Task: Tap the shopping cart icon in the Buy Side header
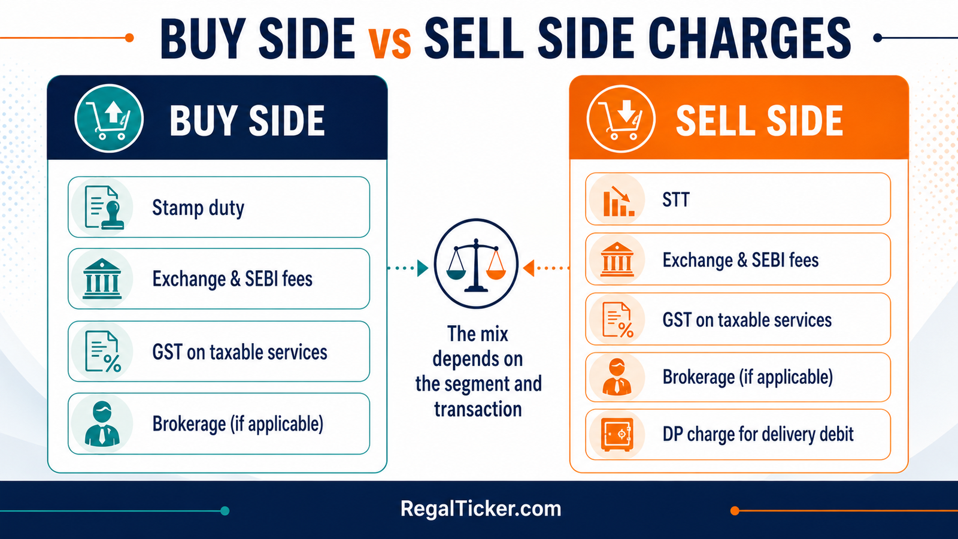click(108, 119)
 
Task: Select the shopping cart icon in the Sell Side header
click(621, 119)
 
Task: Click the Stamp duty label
click(198, 208)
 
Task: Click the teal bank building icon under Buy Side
click(102, 279)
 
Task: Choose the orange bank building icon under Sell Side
click(617, 260)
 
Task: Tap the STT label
click(676, 200)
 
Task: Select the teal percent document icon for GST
click(102, 352)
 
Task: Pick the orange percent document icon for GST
click(617, 320)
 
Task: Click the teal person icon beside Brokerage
click(102, 423)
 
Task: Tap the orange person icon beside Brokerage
click(617, 377)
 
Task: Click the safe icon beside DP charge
click(617, 435)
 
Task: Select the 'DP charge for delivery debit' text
click(758, 434)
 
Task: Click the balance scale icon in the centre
click(476, 264)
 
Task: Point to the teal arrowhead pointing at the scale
click(423, 268)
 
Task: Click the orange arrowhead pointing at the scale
click(529, 268)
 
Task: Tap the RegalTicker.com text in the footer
click(481, 509)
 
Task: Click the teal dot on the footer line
click(225, 511)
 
